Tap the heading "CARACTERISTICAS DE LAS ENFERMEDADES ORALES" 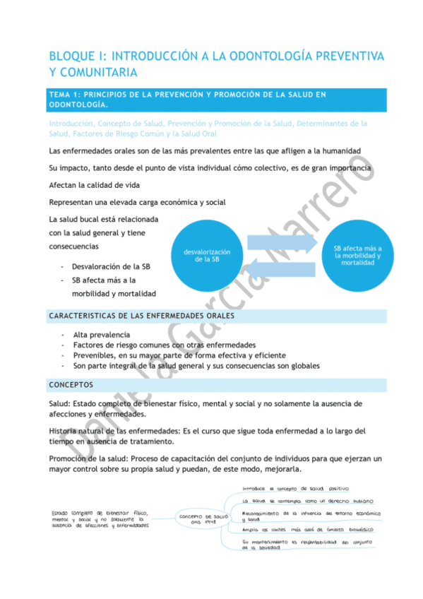(141, 315)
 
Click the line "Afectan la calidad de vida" (94, 186)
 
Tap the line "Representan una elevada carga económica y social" (138, 202)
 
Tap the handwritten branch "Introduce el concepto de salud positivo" (291, 488)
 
